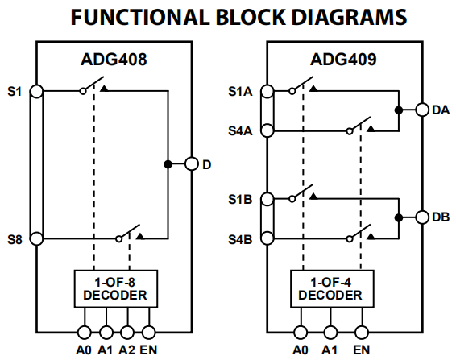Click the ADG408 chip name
click(x=115, y=59)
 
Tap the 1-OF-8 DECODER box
click(x=115, y=288)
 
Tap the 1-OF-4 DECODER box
click(x=330, y=288)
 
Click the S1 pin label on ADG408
click(x=15, y=92)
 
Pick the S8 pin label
click(x=15, y=239)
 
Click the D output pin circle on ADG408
click(x=191, y=164)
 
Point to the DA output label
click(x=441, y=110)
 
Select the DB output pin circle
click(x=421, y=217)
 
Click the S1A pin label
click(x=241, y=92)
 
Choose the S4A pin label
click(x=241, y=129)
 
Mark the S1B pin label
click(x=241, y=198)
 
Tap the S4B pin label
click(x=241, y=239)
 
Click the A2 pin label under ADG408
click(x=126, y=350)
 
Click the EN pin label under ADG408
click(x=148, y=350)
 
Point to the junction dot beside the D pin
click(x=168, y=164)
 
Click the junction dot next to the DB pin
click(x=398, y=217)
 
